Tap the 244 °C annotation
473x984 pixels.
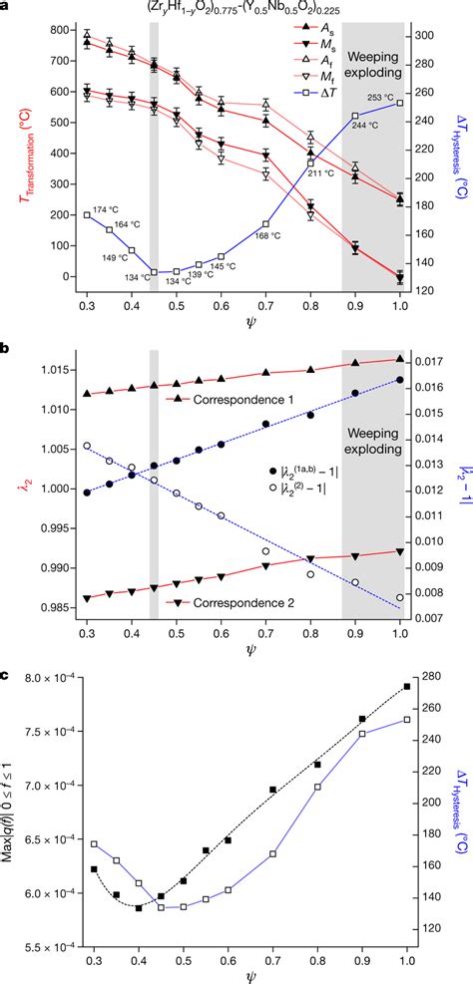coord(364,127)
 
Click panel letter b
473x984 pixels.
coord(6,349)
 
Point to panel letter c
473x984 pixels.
coord(6,676)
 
